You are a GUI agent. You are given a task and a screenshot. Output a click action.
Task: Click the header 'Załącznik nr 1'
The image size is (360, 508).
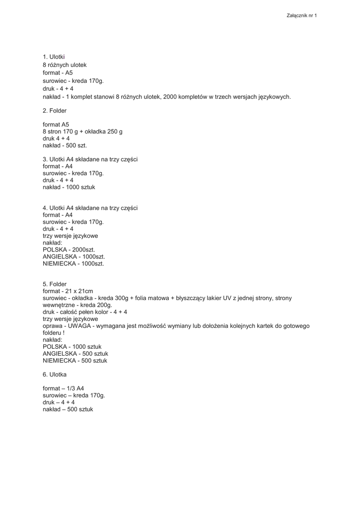click(x=301, y=15)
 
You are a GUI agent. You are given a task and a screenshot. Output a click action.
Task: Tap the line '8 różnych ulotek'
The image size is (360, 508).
click(x=65, y=65)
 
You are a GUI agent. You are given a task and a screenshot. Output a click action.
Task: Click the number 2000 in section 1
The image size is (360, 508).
click(x=177, y=97)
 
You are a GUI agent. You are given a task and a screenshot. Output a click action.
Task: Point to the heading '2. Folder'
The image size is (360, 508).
click(x=55, y=111)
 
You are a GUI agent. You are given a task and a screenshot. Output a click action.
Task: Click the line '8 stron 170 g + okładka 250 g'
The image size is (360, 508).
click(x=82, y=131)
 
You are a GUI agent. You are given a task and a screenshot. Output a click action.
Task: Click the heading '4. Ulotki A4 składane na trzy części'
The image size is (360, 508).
click(x=90, y=208)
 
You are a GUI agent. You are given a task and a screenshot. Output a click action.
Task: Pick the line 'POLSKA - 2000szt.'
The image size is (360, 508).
click(x=69, y=250)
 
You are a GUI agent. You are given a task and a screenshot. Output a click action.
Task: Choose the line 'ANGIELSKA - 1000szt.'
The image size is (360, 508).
click(x=73, y=256)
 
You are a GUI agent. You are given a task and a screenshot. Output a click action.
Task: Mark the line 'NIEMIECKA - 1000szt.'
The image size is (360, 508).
click(x=73, y=263)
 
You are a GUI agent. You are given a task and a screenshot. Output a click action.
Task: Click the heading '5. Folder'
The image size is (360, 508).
click(x=55, y=284)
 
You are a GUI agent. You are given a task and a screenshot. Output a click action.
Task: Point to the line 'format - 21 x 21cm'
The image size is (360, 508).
click(x=68, y=291)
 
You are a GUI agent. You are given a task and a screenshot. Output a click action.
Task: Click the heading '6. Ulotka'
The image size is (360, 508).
click(x=55, y=375)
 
